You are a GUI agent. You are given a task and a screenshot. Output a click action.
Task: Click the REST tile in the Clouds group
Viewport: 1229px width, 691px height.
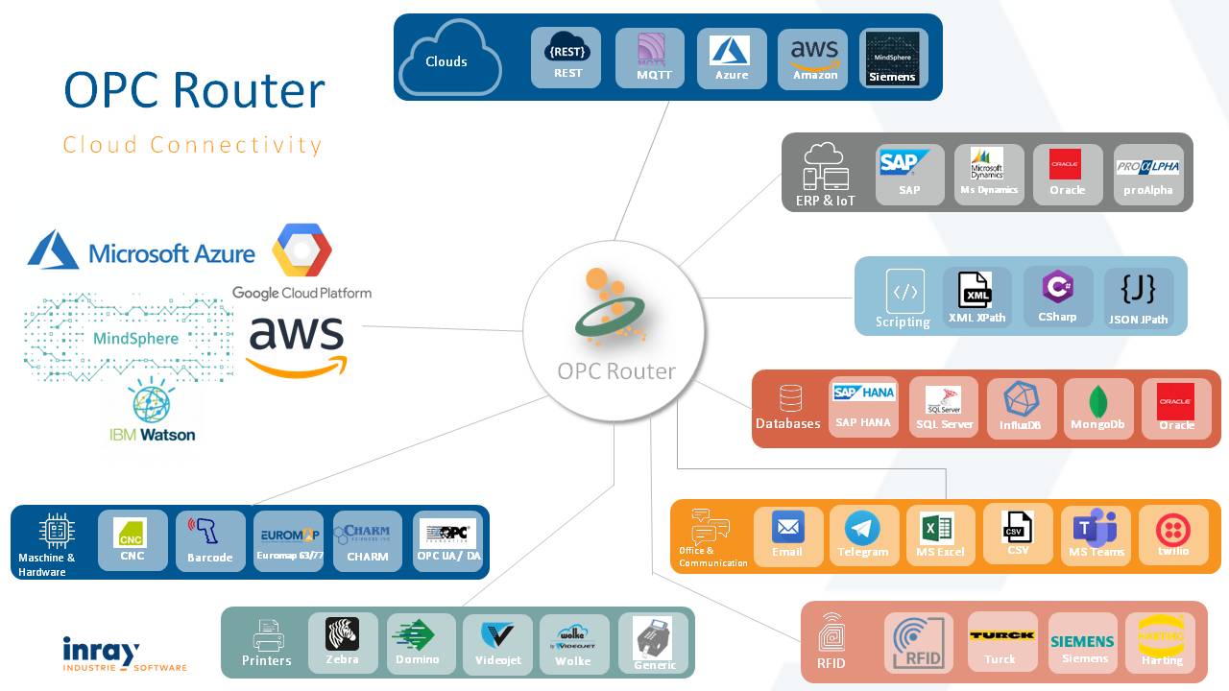click(566, 58)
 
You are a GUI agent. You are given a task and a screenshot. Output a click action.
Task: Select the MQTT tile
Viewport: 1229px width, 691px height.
click(650, 58)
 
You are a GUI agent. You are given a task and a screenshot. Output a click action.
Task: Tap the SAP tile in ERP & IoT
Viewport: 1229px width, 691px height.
click(909, 175)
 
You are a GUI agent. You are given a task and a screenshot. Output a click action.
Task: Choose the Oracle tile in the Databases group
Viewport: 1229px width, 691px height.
click(1176, 409)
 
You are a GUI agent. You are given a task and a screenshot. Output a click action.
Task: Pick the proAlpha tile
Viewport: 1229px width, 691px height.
click(1148, 175)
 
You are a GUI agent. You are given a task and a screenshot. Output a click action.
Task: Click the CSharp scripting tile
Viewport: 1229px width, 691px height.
click(1058, 297)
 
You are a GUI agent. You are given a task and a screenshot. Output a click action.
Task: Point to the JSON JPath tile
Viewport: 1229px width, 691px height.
click(1138, 298)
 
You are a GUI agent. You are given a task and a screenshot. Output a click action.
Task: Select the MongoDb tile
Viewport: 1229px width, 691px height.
click(1097, 409)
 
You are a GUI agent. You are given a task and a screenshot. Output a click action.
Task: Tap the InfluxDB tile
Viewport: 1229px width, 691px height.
click(1022, 409)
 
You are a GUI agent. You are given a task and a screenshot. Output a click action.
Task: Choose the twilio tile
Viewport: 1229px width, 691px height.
click(1173, 536)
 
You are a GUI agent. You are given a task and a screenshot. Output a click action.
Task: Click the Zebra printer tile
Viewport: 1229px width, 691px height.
click(343, 643)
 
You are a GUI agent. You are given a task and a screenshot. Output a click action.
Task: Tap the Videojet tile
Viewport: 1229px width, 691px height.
click(497, 643)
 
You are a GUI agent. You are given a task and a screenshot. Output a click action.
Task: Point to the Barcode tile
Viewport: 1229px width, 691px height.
click(210, 541)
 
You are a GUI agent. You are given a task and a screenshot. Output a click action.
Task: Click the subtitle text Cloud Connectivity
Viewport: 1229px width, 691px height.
click(192, 145)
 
